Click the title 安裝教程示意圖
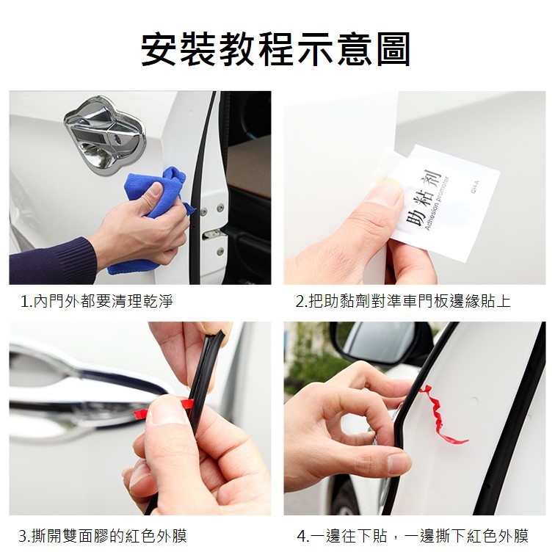[x=276, y=49]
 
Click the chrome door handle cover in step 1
[x=104, y=134]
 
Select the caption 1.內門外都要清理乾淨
[x=97, y=301]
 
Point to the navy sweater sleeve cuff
[x=53, y=261]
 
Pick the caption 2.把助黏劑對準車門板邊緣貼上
[x=403, y=301]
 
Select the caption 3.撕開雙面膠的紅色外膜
[x=103, y=535]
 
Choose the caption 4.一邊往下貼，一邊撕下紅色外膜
[x=413, y=535]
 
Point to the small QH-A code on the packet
[x=476, y=186]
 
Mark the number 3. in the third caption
[x=25, y=536]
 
